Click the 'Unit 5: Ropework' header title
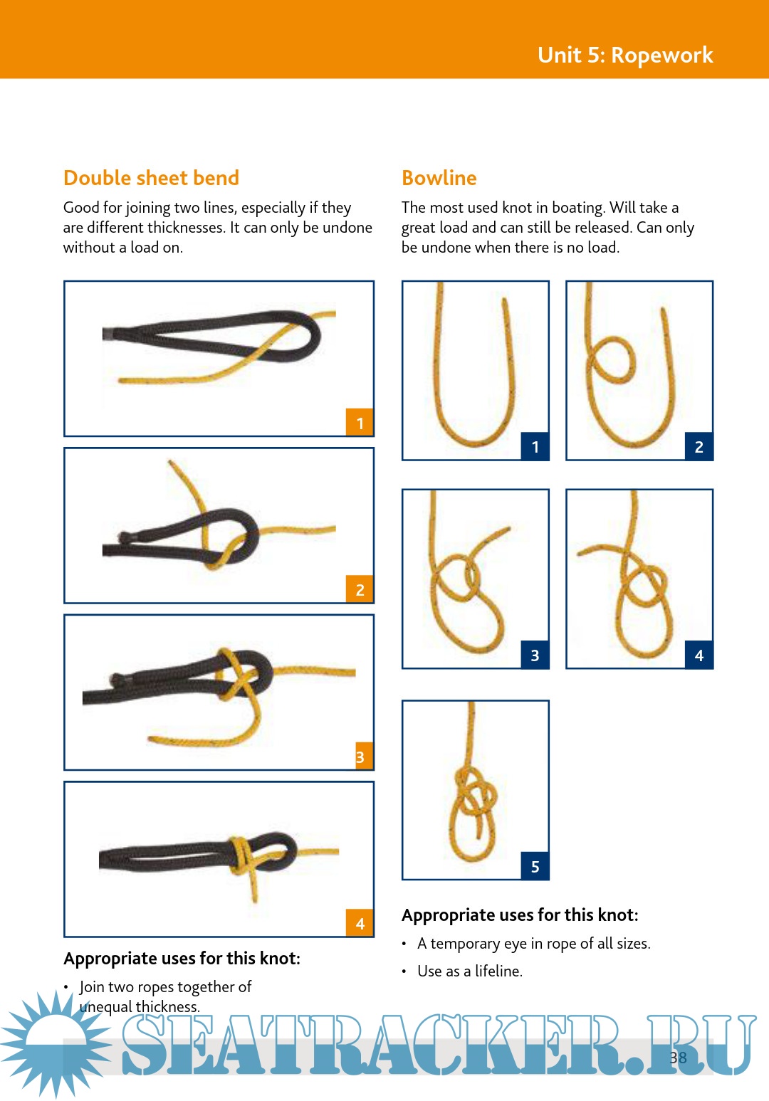[x=625, y=55]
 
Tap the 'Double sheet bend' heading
[x=151, y=178]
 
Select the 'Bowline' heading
[x=439, y=178]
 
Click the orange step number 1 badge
[x=360, y=423]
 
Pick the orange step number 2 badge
[x=360, y=589]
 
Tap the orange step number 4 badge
[x=360, y=924]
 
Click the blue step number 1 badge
[x=535, y=446]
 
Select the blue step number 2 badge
[x=699, y=446]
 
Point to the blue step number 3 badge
[x=535, y=655]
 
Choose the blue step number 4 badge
[x=699, y=655]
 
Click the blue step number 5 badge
[x=535, y=866]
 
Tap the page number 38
[x=678, y=1058]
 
